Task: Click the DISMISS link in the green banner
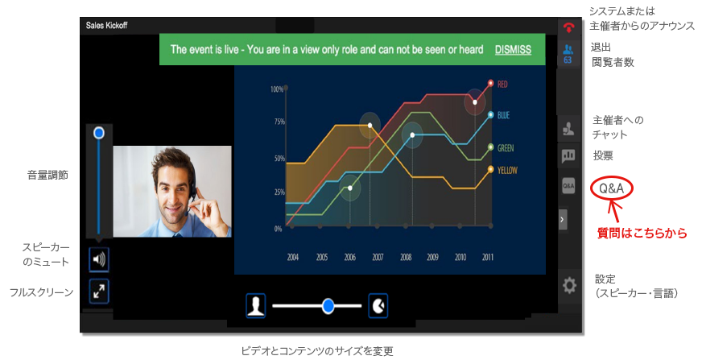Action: point(513,50)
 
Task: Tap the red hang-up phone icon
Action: point(568,28)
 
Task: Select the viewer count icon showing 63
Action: point(568,54)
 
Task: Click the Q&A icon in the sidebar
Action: point(568,186)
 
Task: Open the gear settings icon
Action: point(569,285)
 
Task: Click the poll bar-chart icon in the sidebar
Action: point(568,155)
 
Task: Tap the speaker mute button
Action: point(99,259)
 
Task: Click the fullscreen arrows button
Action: point(99,292)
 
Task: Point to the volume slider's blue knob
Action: point(99,133)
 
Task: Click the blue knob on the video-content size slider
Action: point(328,306)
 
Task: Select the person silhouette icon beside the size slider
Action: point(256,306)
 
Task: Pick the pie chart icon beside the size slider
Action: point(378,306)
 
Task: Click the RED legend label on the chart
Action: point(502,85)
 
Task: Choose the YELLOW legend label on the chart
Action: point(507,170)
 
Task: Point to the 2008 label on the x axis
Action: point(406,257)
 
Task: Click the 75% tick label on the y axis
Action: point(279,122)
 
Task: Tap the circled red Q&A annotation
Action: point(612,188)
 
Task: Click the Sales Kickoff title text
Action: point(106,26)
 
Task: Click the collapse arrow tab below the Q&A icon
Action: point(563,219)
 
